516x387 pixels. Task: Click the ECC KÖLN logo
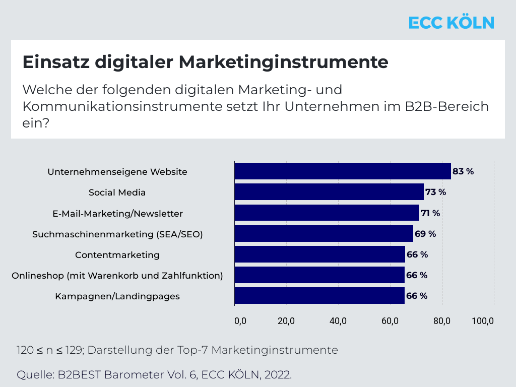pyautogui.click(x=451, y=23)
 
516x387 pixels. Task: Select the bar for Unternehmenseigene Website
pyautogui.click(x=342, y=171)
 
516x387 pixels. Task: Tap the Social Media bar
pyautogui.click(x=329, y=192)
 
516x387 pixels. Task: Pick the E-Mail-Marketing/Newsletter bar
pyautogui.click(x=327, y=213)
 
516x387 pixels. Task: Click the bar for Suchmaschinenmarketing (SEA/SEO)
pyautogui.click(x=324, y=233)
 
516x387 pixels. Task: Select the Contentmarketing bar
pyautogui.click(x=319, y=254)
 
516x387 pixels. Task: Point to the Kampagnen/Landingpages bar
pyautogui.click(x=319, y=296)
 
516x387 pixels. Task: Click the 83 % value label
pyautogui.click(x=463, y=171)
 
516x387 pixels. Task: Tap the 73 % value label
pyautogui.click(x=435, y=192)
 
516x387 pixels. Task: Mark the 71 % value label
pyautogui.click(x=430, y=213)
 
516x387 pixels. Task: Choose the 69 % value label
pyautogui.click(x=425, y=234)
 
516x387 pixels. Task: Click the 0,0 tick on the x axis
pyautogui.click(x=240, y=321)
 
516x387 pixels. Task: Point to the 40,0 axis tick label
pyautogui.click(x=338, y=321)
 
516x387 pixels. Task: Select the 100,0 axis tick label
pyautogui.click(x=483, y=321)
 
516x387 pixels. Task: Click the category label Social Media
pyautogui.click(x=117, y=192)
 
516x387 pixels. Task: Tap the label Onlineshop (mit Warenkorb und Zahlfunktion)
pyautogui.click(x=117, y=276)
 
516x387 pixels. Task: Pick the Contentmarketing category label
pyautogui.click(x=117, y=255)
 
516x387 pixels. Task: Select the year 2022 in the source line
pyautogui.click(x=278, y=375)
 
